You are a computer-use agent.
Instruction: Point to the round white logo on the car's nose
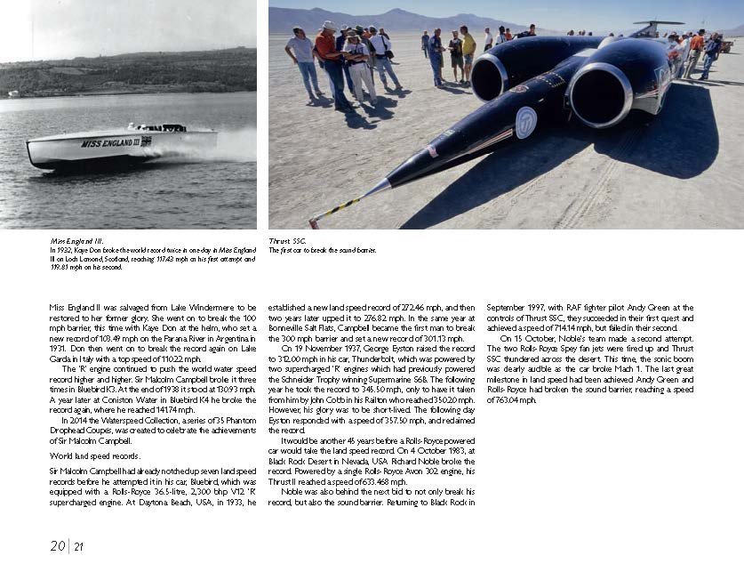[x=525, y=122]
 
